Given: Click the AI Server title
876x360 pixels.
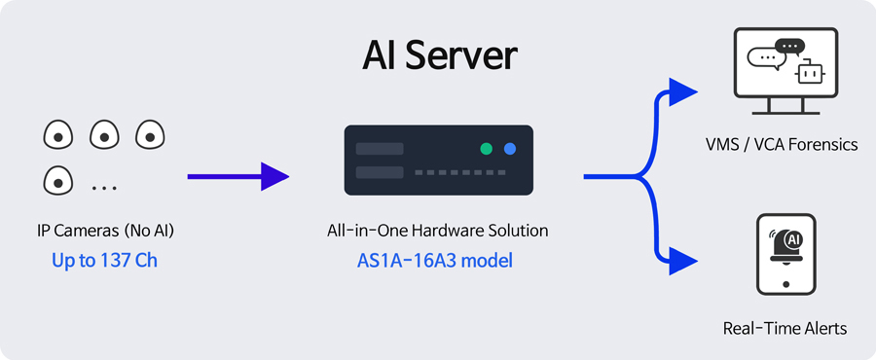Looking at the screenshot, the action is (x=439, y=55).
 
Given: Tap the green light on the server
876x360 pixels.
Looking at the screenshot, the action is (x=487, y=149).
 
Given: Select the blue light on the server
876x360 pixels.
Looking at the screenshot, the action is (x=509, y=149).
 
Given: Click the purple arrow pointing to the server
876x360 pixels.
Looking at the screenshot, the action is (x=238, y=176).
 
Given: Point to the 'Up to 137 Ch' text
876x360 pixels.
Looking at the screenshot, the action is (x=104, y=261).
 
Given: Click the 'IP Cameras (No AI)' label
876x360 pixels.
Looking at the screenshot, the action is (x=105, y=231).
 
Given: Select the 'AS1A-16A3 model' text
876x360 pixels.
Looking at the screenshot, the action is (x=435, y=261).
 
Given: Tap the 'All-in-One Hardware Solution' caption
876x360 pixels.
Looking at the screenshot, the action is (x=437, y=231).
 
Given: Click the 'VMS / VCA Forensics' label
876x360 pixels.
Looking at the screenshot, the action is (x=782, y=145).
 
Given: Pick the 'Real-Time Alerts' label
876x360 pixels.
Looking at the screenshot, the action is (x=785, y=328).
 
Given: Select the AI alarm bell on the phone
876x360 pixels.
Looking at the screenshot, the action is (x=786, y=245).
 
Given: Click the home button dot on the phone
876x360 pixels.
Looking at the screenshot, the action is (x=786, y=284).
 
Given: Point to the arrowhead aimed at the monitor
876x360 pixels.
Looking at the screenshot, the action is (x=682, y=92).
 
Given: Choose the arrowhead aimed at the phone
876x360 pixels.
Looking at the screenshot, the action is (x=682, y=261).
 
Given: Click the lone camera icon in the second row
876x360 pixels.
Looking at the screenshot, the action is (x=58, y=180).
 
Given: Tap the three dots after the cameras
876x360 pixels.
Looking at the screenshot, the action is (x=104, y=188).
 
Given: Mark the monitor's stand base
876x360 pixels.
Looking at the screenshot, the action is (x=785, y=112).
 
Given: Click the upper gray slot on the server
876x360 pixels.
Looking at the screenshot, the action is (x=380, y=149).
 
